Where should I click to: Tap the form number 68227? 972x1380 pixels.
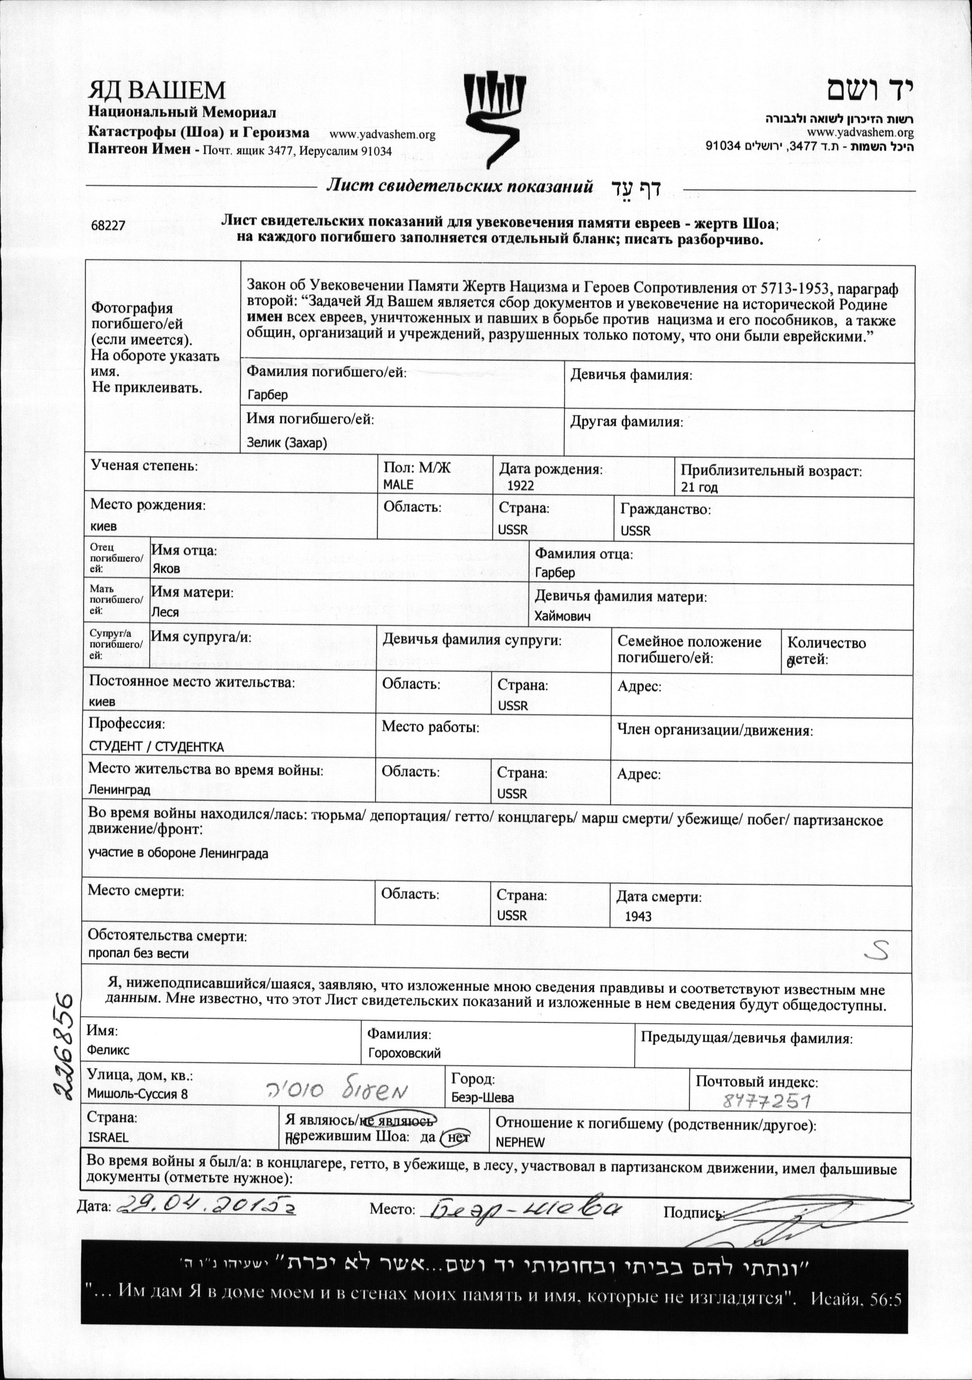click(108, 225)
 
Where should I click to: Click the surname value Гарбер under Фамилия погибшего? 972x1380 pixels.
click(268, 395)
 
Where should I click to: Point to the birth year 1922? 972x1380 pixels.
click(520, 486)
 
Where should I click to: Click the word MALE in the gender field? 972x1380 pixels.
click(398, 484)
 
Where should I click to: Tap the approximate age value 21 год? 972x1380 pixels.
click(699, 487)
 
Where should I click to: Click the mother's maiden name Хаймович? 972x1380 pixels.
click(563, 616)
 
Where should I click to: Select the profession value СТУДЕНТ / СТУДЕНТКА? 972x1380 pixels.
click(156, 747)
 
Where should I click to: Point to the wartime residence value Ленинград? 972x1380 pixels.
click(119, 790)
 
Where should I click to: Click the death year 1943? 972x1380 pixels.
click(638, 916)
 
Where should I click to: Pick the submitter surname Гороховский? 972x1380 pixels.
click(405, 1054)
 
